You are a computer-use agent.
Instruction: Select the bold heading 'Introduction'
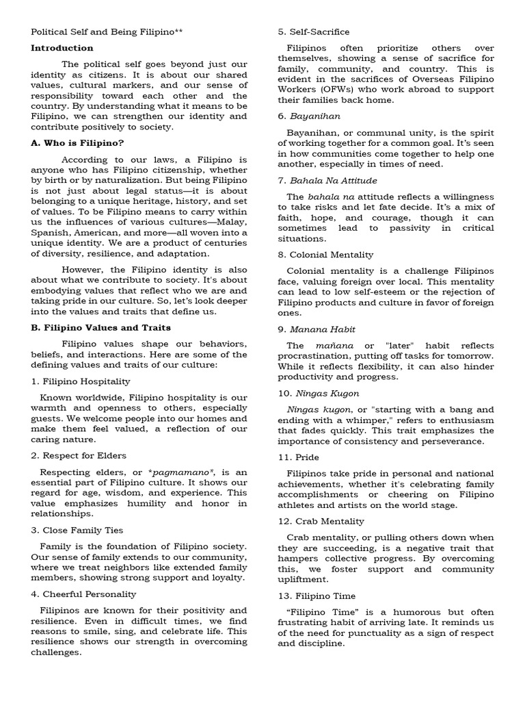[62, 48]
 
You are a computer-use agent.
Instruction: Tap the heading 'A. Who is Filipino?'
[77, 142]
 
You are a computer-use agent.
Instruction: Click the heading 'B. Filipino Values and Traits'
[101, 327]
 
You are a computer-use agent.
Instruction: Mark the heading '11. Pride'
[299, 457]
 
